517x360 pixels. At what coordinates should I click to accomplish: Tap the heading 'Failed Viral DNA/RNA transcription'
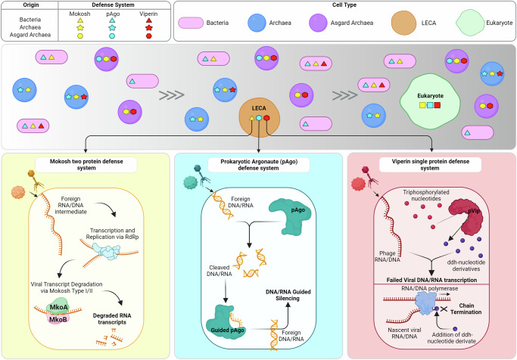[x=430, y=280]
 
